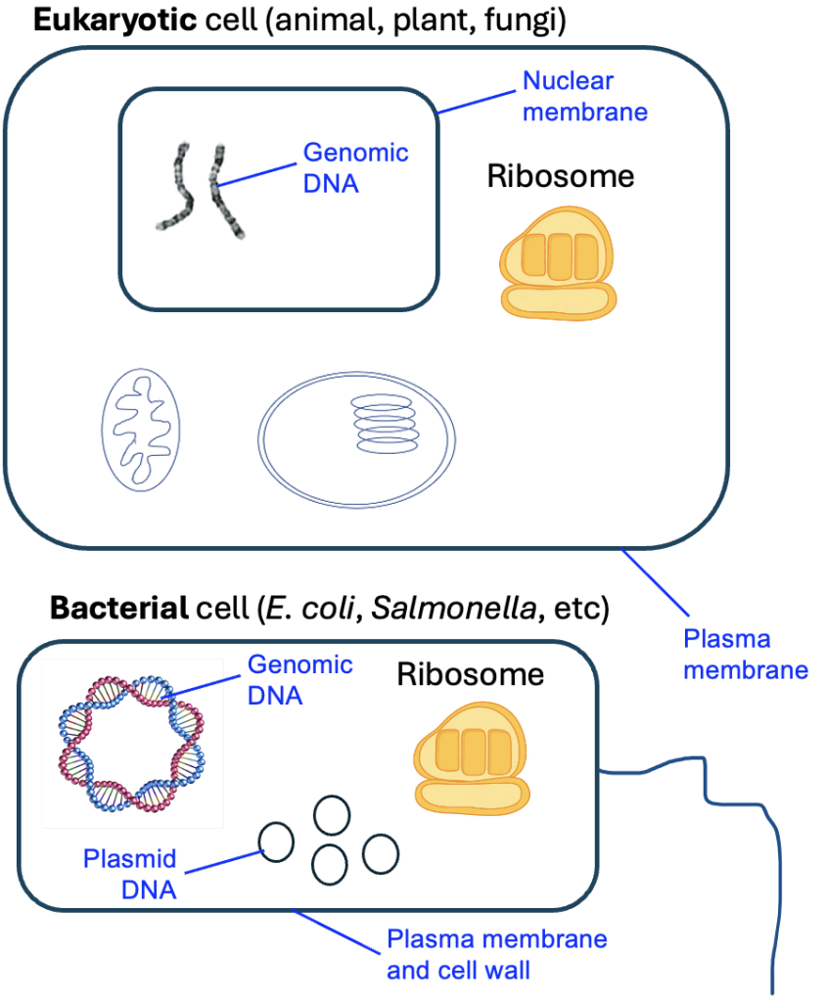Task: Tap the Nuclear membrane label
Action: click(584, 96)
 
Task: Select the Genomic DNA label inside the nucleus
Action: click(355, 167)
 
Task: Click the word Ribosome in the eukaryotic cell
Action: click(561, 177)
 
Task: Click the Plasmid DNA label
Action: click(129, 874)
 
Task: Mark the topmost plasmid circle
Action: click(331, 814)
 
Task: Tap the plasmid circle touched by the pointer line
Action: click(276, 840)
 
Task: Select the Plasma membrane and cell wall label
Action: click(496, 954)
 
